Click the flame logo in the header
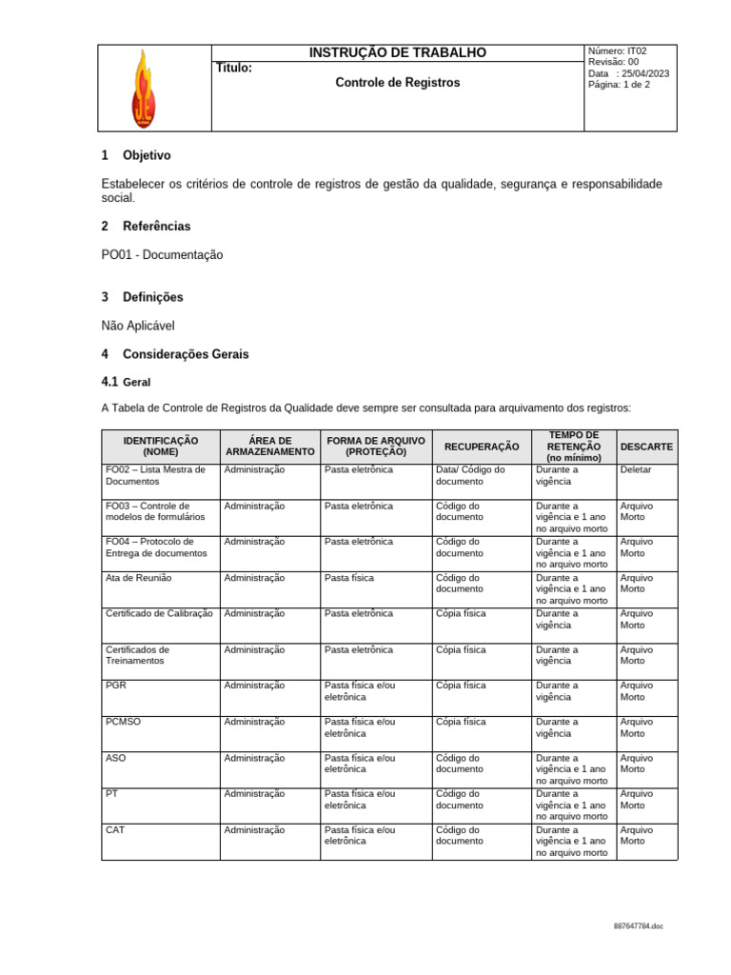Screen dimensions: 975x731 [x=143, y=88]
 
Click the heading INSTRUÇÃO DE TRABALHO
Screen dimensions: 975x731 [x=397, y=53]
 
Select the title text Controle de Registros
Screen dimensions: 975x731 [x=397, y=83]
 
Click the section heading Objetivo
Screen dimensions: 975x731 [x=147, y=155]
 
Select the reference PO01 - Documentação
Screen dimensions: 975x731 [x=161, y=255]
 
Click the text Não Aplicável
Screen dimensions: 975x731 [x=138, y=326]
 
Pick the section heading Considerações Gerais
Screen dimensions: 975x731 [x=186, y=354]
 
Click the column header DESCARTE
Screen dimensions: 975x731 [x=646, y=446]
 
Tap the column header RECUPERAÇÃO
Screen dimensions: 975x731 [x=482, y=446]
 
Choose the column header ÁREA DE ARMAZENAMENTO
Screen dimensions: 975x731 [x=269, y=446]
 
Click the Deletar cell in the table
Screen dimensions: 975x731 [x=636, y=469]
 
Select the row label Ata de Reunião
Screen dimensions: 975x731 [x=139, y=578]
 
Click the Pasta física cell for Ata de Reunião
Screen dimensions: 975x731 [x=348, y=578]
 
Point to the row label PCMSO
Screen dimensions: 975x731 [x=123, y=722]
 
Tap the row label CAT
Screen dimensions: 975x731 [x=115, y=830]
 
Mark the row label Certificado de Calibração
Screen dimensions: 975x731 [x=159, y=614]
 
